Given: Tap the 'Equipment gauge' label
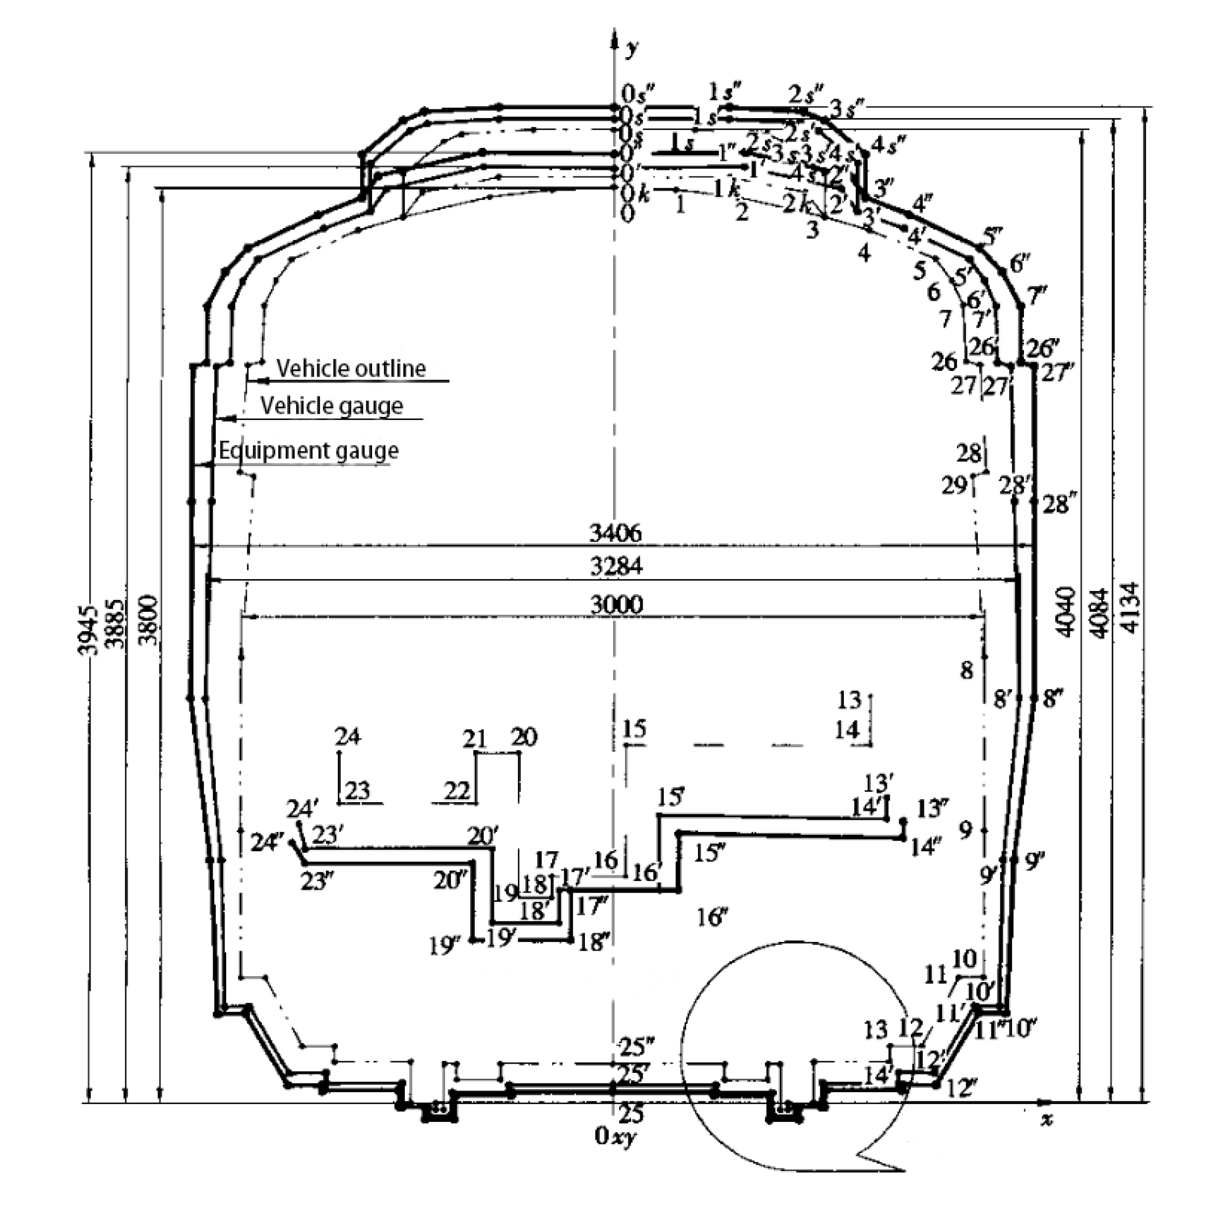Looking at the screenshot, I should click(309, 451).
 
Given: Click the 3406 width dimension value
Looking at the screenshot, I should click(615, 533).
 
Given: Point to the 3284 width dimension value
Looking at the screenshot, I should click(616, 566).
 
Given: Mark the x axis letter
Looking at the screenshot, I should click(1047, 1120).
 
